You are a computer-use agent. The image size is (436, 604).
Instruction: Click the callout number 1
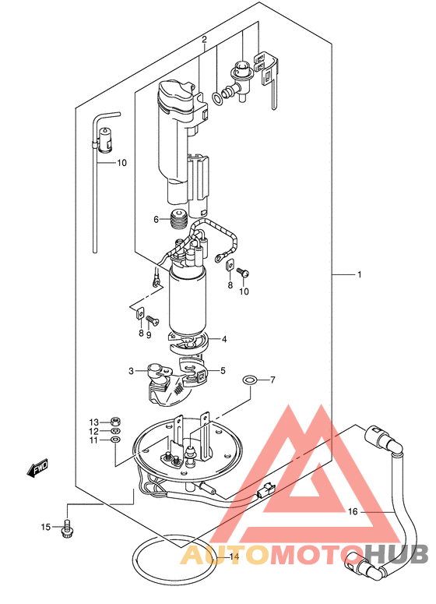(x=359, y=274)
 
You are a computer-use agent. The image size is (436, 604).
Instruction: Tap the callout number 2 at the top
(x=204, y=39)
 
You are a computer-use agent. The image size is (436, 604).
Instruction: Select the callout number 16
(x=353, y=511)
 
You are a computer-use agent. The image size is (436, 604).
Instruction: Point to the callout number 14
(x=234, y=556)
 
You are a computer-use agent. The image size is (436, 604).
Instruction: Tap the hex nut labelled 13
(x=115, y=421)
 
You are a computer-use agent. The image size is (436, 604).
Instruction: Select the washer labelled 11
(x=115, y=440)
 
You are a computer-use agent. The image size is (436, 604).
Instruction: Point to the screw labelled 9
(x=150, y=319)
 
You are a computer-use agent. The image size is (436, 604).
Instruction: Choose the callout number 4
(x=224, y=339)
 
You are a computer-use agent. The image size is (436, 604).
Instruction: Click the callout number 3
(x=132, y=371)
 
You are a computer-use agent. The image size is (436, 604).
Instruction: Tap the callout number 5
(x=223, y=371)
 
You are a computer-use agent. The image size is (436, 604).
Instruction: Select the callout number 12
(x=94, y=431)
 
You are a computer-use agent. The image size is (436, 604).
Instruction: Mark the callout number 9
(x=149, y=335)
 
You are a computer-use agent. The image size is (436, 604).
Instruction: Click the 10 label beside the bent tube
(x=121, y=163)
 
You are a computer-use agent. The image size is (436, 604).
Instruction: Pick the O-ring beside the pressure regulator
(x=217, y=98)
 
